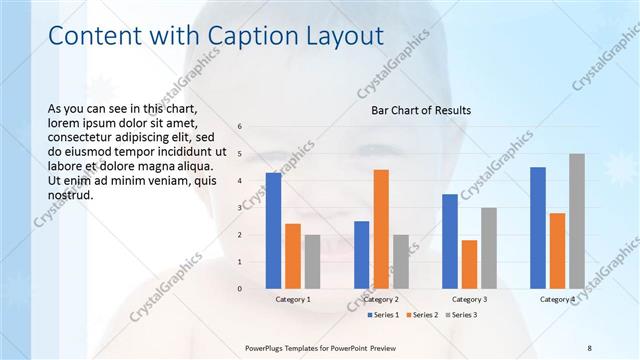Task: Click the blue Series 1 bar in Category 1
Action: click(x=273, y=231)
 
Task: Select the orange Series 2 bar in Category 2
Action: click(x=381, y=229)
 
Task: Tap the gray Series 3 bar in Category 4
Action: click(x=577, y=221)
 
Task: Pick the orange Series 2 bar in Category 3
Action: click(x=469, y=264)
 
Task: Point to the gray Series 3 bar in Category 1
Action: click(x=312, y=262)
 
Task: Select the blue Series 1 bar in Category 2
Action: click(x=361, y=255)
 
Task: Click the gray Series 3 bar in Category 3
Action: click(x=489, y=248)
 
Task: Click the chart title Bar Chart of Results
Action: click(x=421, y=110)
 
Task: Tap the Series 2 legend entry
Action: click(x=420, y=315)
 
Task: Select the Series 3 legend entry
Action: click(x=460, y=315)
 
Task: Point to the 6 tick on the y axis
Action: click(x=240, y=126)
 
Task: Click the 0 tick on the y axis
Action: click(x=240, y=289)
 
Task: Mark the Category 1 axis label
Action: click(x=293, y=299)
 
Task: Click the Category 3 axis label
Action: click(x=469, y=299)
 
